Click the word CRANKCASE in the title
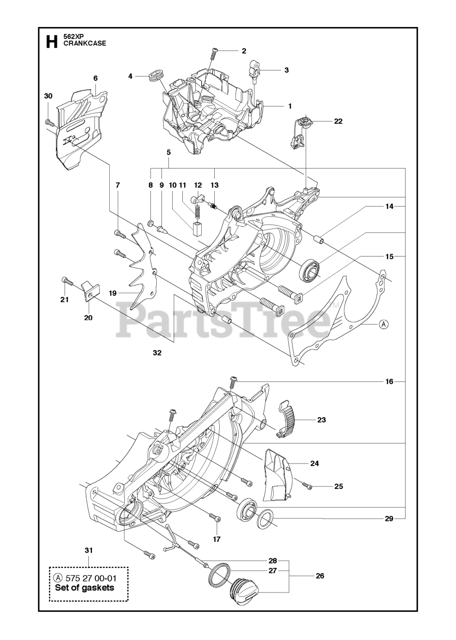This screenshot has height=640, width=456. pyautogui.click(x=84, y=44)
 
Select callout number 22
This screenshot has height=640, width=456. pyautogui.click(x=338, y=121)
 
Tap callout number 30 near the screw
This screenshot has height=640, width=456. pyautogui.click(x=48, y=96)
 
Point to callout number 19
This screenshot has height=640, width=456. pyautogui.click(x=113, y=292)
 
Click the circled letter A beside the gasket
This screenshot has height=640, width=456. pyautogui.click(x=384, y=324)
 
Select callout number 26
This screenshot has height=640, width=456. pyautogui.click(x=320, y=575)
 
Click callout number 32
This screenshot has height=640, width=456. pyautogui.click(x=157, y=352)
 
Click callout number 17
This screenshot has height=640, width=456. pyautogui.click(x=216, y=539)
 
